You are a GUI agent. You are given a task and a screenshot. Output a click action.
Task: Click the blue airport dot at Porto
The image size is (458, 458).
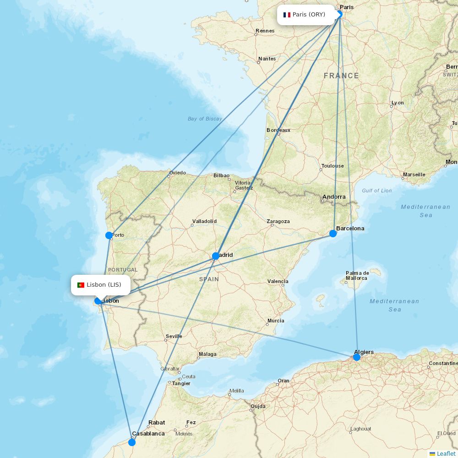coord(109,235)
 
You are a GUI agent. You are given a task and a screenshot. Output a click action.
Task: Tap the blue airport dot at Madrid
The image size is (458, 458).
coord(216,256)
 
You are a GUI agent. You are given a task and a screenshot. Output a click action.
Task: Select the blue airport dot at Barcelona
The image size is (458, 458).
coord(333,234)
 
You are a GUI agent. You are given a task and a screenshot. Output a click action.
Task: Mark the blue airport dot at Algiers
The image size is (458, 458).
coord(357,357)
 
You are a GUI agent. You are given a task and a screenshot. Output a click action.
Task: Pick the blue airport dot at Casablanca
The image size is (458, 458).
coord(132,442)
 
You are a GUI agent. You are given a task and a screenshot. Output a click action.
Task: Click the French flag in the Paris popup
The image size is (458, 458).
coord(287,15)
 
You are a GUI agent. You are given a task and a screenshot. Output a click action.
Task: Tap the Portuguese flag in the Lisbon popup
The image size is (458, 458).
coord(81,285)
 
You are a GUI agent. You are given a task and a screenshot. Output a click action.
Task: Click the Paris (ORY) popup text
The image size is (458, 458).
coord(309,15)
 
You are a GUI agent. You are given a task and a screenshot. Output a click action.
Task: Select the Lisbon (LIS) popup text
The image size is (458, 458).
coord(104,285)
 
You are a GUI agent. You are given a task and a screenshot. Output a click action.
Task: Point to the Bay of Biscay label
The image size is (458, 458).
coord(205,119)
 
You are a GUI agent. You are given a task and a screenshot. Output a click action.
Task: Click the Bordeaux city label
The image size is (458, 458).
coord(278,130)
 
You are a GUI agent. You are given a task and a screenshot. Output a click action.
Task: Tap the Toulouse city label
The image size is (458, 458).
coord(333,166)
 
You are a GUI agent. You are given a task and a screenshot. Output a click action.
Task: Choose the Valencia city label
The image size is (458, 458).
coord(278,281)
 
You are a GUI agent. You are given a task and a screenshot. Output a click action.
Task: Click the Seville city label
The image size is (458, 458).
coord(174,336)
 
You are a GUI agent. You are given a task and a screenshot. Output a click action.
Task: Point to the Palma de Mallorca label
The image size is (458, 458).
coord(356,275)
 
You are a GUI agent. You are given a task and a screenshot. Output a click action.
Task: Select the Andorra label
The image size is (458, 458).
coord(334,197)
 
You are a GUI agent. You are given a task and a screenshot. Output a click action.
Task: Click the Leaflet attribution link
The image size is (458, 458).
coord(446,453)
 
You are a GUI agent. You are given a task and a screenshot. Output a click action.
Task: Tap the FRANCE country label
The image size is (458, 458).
coord(341,76)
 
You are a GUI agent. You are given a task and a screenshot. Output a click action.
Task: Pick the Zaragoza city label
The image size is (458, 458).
coord(278,221)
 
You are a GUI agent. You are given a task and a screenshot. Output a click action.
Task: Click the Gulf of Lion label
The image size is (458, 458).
coord(376,191)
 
